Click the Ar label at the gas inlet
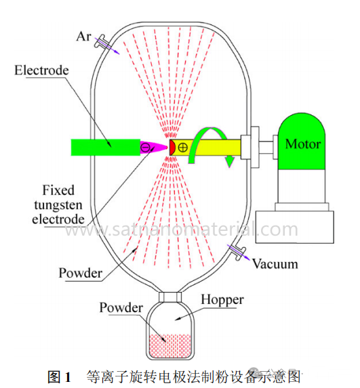click(84, 37)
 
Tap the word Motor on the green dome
click(303, 144)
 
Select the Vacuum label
click(275, 264)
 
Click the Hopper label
click(222, 300)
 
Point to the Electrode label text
click(41, 70)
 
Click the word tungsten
click(58, 205)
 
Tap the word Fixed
click(58, 190)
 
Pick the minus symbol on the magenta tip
click(145, 148)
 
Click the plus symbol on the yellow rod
click(182, 148)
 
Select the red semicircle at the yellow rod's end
click(172, 148)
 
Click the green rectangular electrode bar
click(106, 148)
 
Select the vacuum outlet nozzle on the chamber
click(237, 252)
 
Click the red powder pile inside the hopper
click(170, 346)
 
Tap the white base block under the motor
click(295, 227)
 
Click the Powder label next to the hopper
click(121, 308)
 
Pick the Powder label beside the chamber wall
click(80, 273)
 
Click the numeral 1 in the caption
click(68, 378)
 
